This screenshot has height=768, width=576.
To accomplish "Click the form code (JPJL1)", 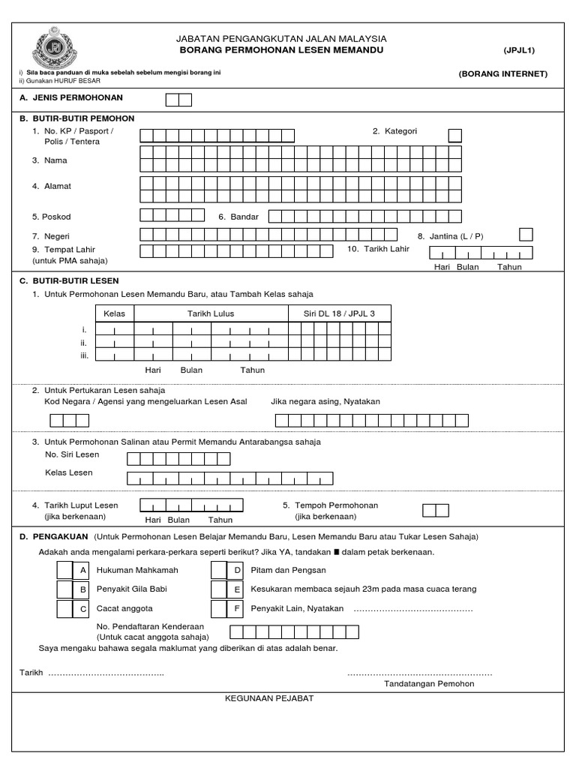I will click(x=519, y=50).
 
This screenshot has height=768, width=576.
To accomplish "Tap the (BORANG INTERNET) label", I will click(x=503, y=73).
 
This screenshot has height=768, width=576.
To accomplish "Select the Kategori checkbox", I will click(x=454, y=135).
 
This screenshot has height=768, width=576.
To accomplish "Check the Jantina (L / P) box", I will click(x=526, y=234).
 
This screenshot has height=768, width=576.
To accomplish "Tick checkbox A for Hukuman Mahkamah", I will click(x=67, y=571).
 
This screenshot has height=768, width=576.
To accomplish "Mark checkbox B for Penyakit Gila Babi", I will click(x=67, y=589).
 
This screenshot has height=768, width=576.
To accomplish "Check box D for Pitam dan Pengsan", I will click(x=219, y=571).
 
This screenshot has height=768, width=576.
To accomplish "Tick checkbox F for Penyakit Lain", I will click(x=219, y=608).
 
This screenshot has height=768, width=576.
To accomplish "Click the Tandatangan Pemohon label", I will click(x=429, y=683).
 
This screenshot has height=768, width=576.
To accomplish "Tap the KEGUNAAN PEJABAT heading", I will click(x=269, y=698).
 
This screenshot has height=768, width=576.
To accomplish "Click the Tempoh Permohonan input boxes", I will click(x=435, y=510).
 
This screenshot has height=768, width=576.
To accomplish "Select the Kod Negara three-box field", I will click(x=67, y=420).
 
